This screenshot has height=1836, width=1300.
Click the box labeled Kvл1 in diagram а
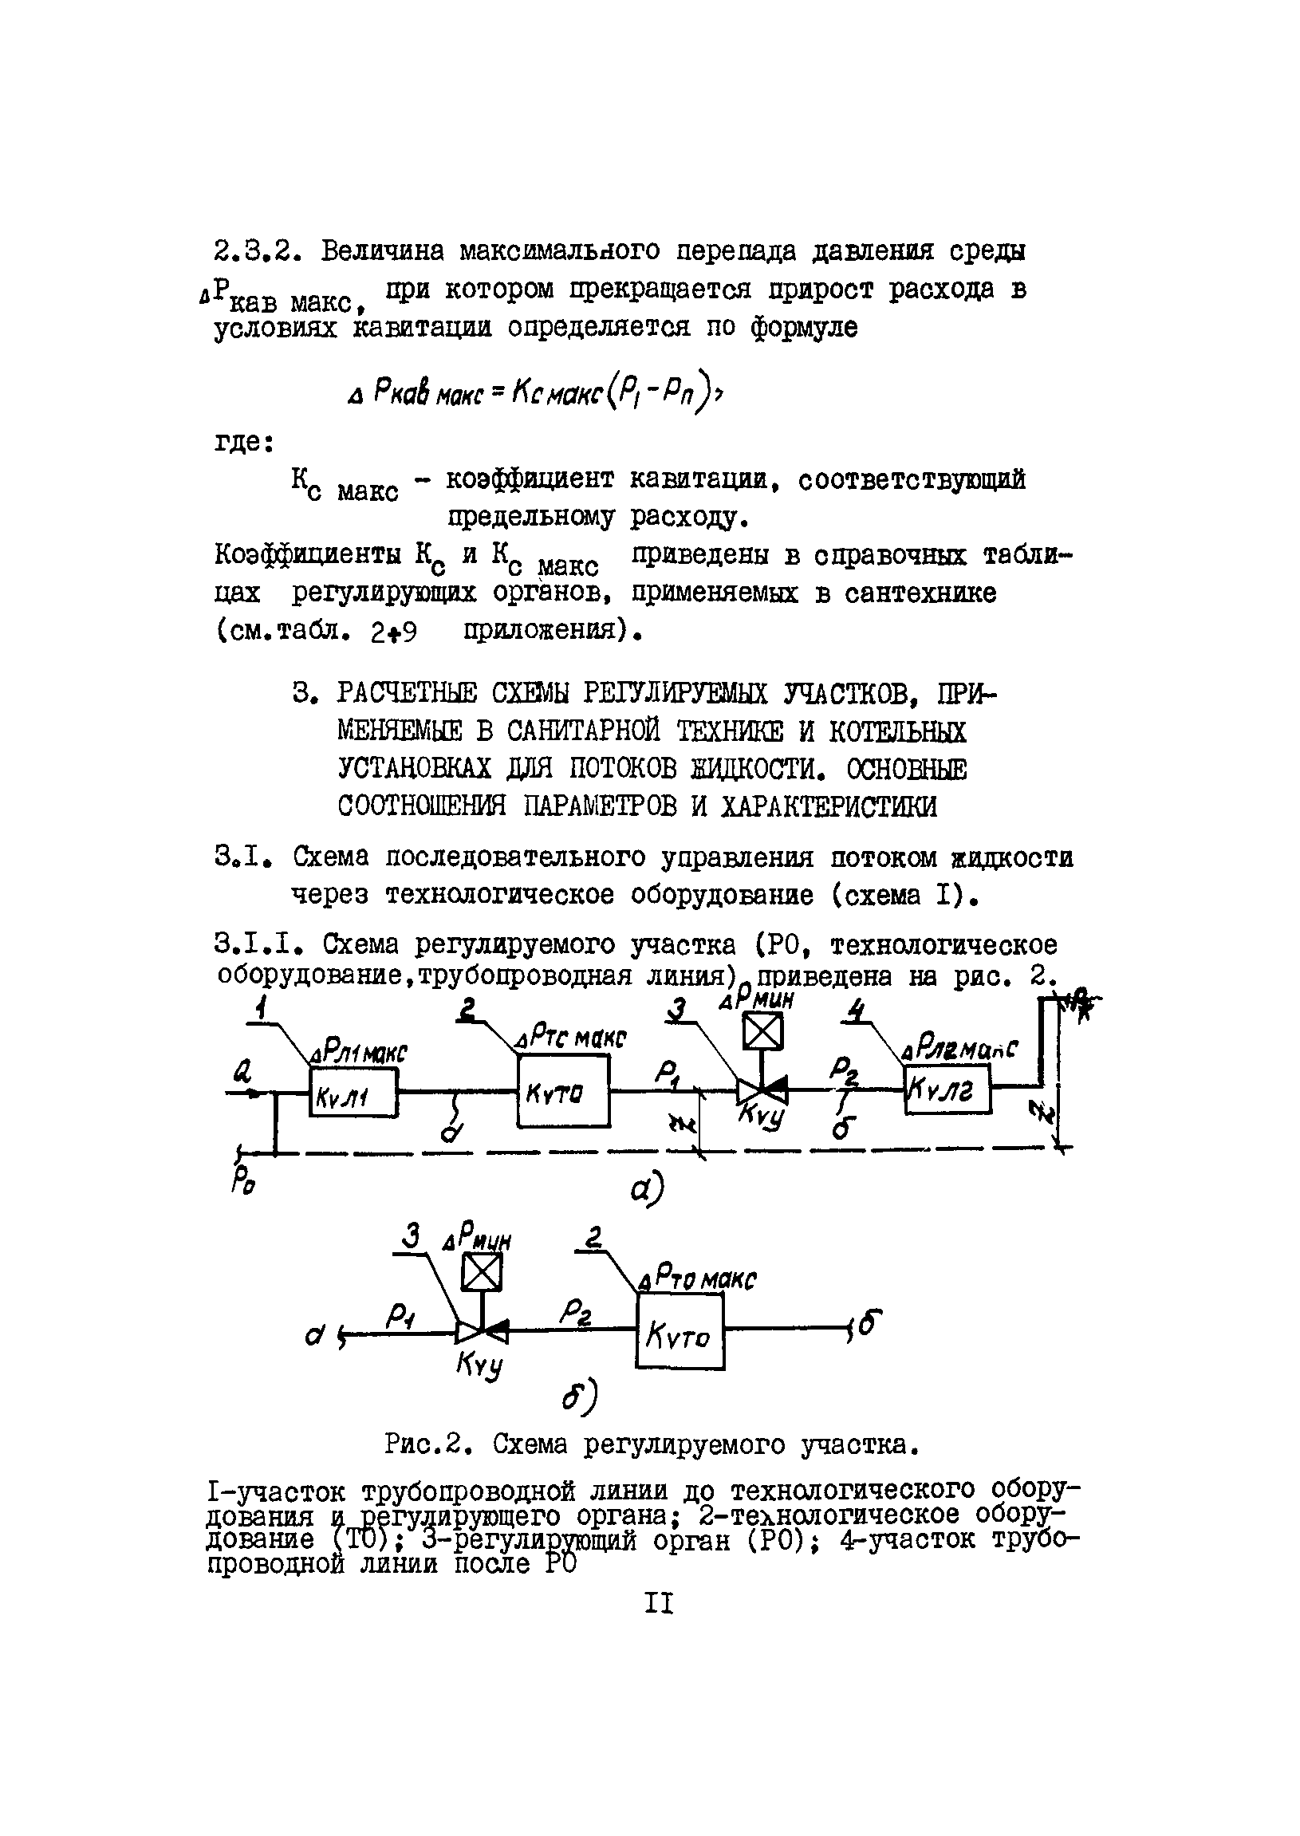[353, 1093]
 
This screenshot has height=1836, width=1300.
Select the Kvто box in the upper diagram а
[562, 1091]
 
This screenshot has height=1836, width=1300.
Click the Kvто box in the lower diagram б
[680, 1333]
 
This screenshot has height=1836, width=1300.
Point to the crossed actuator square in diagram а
[762, 1031]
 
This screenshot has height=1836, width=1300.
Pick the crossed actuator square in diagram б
[482, 1272]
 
